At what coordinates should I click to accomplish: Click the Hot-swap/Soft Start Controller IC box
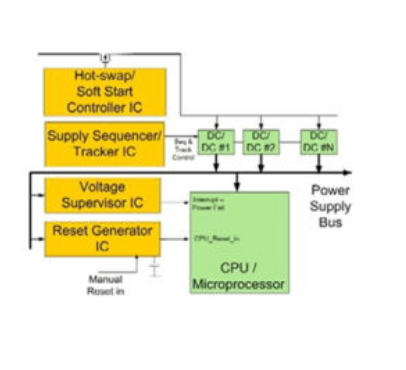point(104,90)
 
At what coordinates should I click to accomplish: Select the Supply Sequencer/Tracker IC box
point(104,143)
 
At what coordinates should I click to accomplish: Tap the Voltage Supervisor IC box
point(104,195)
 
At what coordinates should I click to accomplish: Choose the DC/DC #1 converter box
point(213,140)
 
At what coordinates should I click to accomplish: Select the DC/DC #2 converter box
point(259,140)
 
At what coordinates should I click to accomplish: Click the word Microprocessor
point(239,285)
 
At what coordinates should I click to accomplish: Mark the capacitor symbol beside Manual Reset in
point(155,270)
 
